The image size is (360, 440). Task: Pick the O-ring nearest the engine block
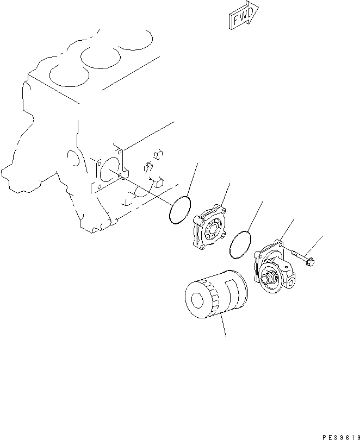pyautogui.click(x=179, y=210)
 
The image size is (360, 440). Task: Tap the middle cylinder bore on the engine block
pyautogui.click(x=99, y=56)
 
